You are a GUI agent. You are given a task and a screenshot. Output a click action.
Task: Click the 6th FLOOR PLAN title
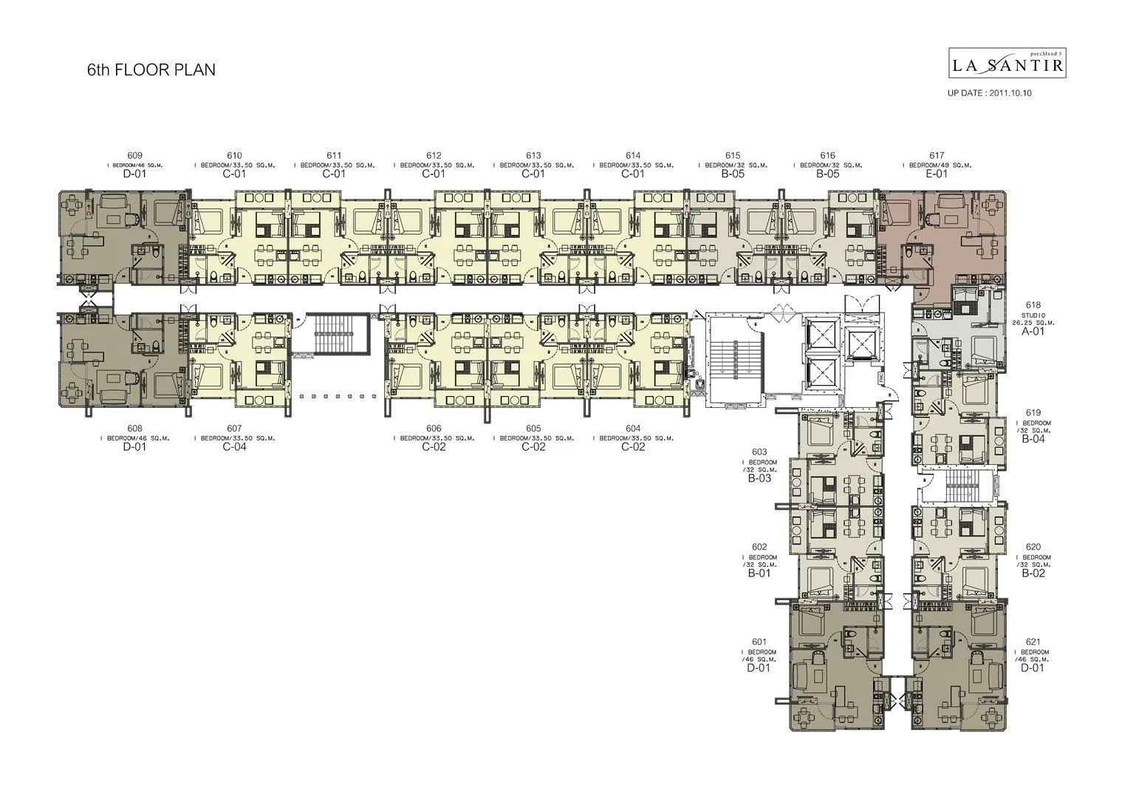(151, 70)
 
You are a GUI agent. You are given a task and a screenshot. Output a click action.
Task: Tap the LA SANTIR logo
(1007, 64)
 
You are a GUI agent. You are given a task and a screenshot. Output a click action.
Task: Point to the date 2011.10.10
(1011, 93)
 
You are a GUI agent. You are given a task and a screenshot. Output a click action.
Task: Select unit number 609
(134, 155)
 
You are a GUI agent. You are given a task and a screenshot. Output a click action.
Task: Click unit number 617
(937, 155)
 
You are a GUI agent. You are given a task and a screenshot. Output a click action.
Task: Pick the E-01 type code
(937, 174)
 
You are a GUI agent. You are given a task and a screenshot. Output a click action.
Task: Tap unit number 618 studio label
(1033, 304)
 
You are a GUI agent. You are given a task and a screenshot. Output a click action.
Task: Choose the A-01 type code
(1033, 332)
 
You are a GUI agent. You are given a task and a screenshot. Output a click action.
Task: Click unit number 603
(759, 451)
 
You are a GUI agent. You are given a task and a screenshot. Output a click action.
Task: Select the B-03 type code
(759, 478)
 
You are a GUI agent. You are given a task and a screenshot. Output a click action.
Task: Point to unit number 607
(234, 429)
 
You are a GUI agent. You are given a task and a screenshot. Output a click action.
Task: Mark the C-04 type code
(234, 447)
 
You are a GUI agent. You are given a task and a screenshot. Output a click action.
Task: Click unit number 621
(1033, 642)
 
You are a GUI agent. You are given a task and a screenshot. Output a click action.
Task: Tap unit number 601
(759, 642)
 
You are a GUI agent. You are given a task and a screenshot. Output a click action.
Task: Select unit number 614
(633, 155)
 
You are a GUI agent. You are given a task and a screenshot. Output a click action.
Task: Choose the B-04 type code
(1033, 439)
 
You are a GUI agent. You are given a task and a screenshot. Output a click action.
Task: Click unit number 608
(134, 429)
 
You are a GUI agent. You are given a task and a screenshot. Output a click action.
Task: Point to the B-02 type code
(1033, 573)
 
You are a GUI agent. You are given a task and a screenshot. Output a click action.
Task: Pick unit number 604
(633, 429)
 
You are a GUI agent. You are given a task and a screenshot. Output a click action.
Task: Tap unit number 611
(334, 155)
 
